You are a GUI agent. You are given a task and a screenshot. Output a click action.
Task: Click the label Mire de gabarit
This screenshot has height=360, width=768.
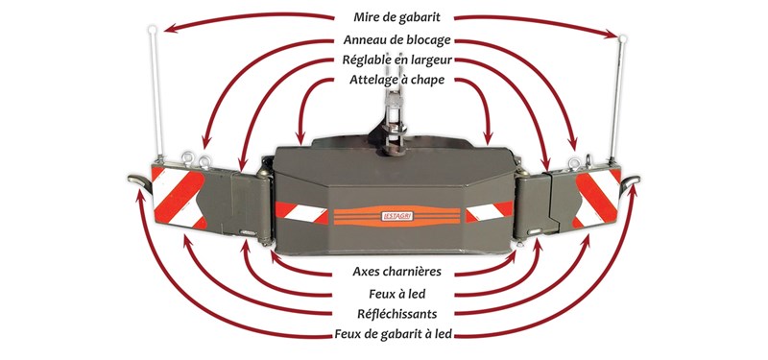pyautogui.click(x=397, y=17)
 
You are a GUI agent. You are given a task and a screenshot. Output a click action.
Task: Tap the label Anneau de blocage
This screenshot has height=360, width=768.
pyautogui.click(x=396, y=39)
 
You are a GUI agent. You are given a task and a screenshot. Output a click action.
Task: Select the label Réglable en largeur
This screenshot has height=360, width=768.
pyautogui.click(x=397, y=60)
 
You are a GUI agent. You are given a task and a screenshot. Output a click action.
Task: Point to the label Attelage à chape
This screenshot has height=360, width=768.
pyautogui.click(x=396, y=80)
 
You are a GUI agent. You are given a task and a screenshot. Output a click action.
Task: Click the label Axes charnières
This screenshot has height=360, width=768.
pyautogui.click(x=396, y=272)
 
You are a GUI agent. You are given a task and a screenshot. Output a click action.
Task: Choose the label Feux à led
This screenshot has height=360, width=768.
pyautogui.click(x=397, y=294)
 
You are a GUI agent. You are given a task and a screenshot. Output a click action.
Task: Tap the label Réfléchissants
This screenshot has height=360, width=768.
pyautogui.click(x=396, y=314)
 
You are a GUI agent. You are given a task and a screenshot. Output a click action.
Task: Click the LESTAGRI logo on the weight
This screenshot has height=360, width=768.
pyautogui.click(x=396, y=216)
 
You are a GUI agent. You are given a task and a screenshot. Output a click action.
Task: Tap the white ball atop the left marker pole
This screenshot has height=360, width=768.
pyautogui.click(x=153, y=30)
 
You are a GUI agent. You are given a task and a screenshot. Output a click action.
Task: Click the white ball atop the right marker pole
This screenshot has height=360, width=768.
pyautogui.click(x=623, y=38)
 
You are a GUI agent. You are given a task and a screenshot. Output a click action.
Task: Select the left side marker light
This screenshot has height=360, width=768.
pyautogui.click(x=139, y=181)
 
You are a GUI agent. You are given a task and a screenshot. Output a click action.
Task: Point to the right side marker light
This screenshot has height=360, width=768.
pyautogui.click(x=630, y=182)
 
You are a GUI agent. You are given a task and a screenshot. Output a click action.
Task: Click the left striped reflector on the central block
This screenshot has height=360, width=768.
pyautogui.click(x=301, y=212)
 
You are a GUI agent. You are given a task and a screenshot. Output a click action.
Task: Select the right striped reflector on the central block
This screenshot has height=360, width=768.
pyautogui.click(x=489, y=211)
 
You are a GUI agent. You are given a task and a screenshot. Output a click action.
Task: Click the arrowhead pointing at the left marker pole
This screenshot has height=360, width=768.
pyautogui.click(x=169, y=29)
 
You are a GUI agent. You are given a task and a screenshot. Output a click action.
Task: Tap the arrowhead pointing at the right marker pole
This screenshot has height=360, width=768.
pyautogui.click(x=612, y=34)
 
